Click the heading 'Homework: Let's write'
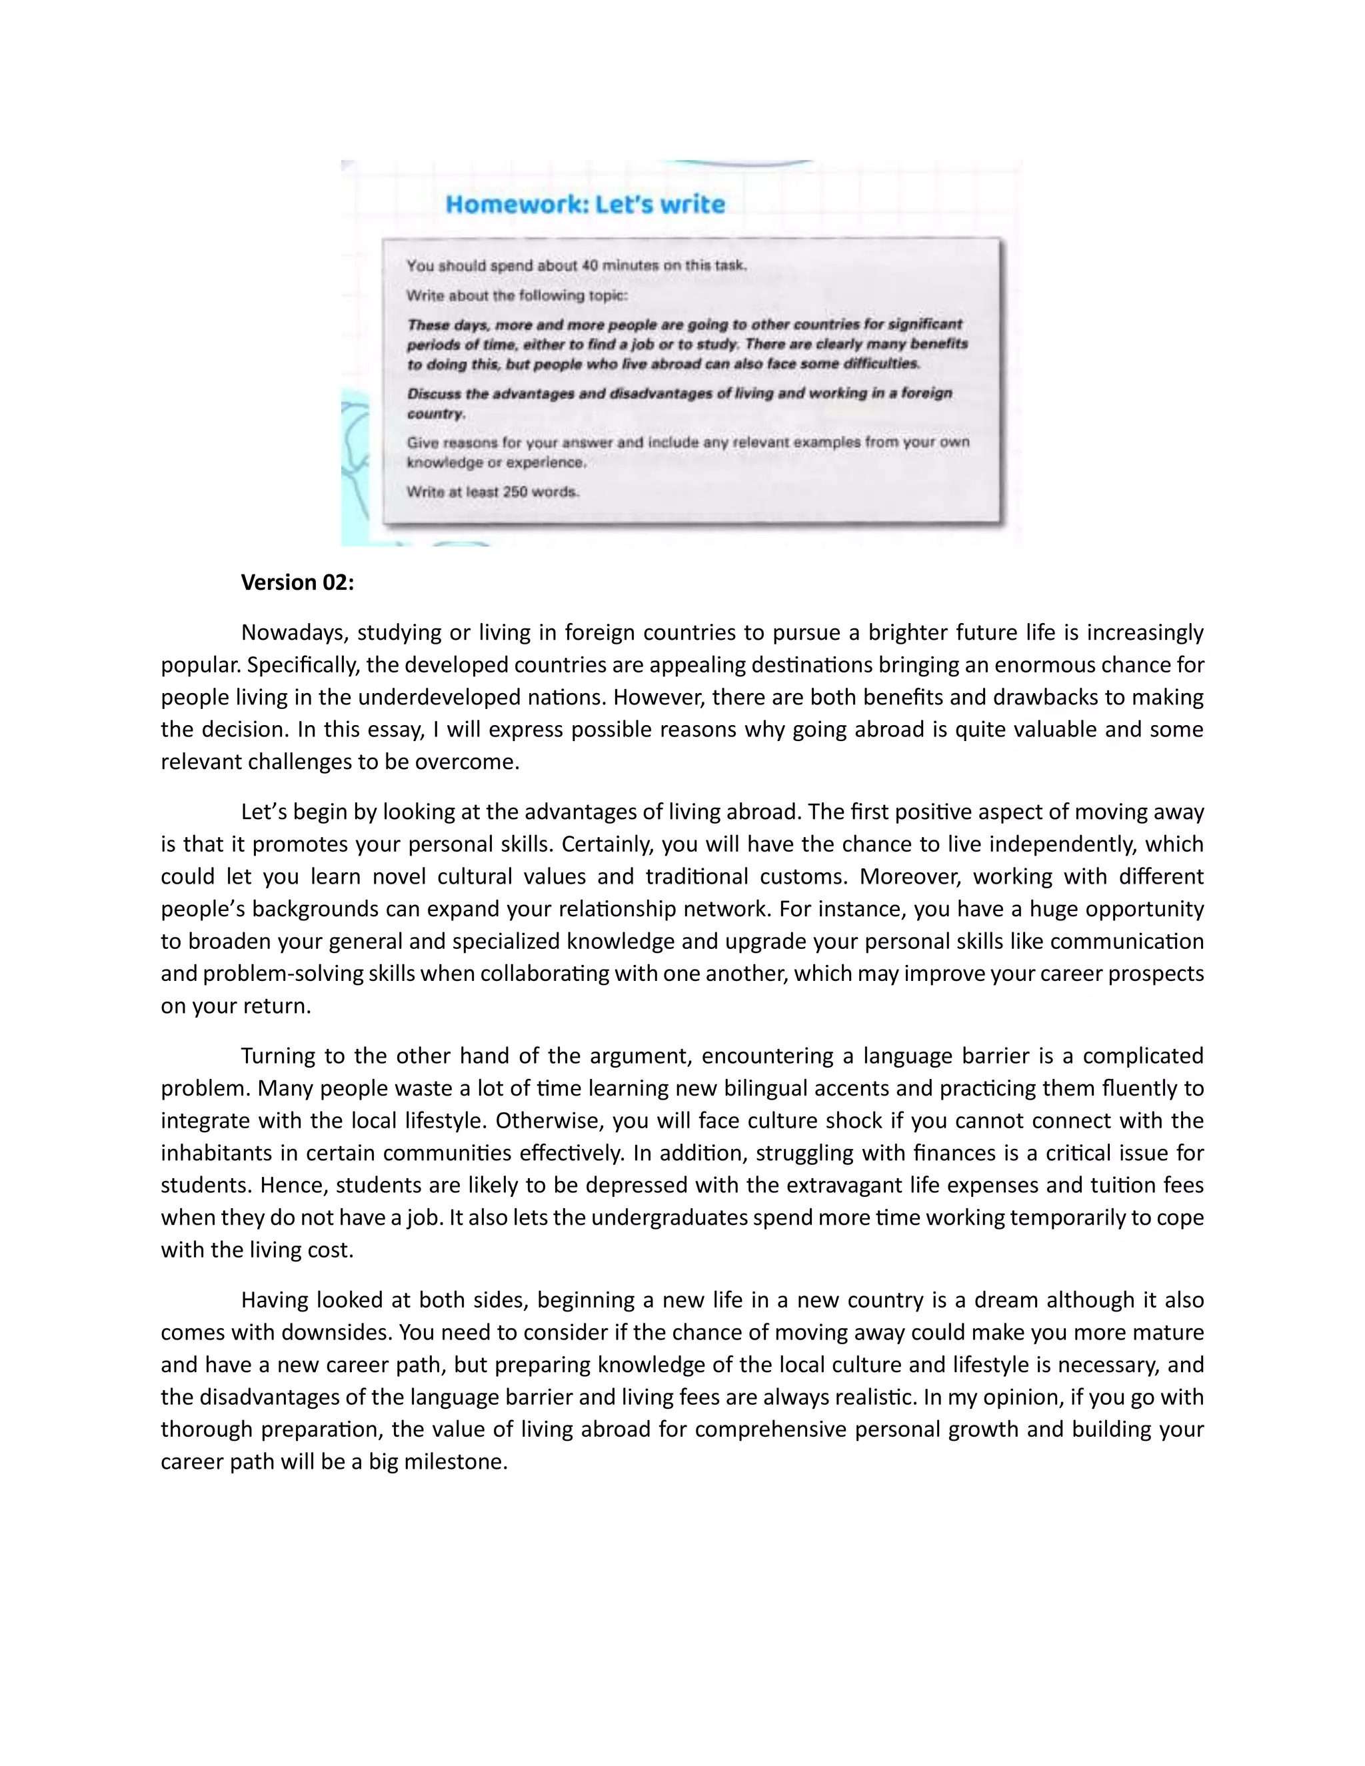coord(585,204)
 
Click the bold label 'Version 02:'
coord(297,582)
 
